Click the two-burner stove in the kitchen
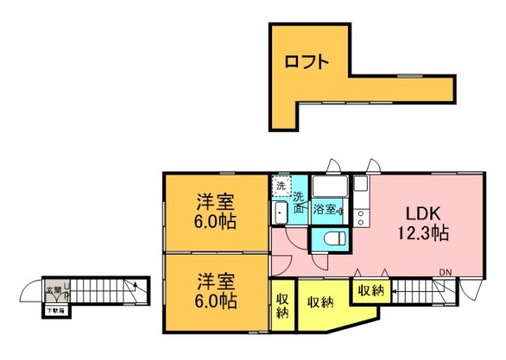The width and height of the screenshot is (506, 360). click(361, 214)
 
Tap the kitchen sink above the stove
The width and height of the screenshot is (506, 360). click(361, 184)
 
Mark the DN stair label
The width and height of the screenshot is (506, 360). click(446, 274)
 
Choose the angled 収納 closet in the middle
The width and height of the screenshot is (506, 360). click(319, 302)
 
